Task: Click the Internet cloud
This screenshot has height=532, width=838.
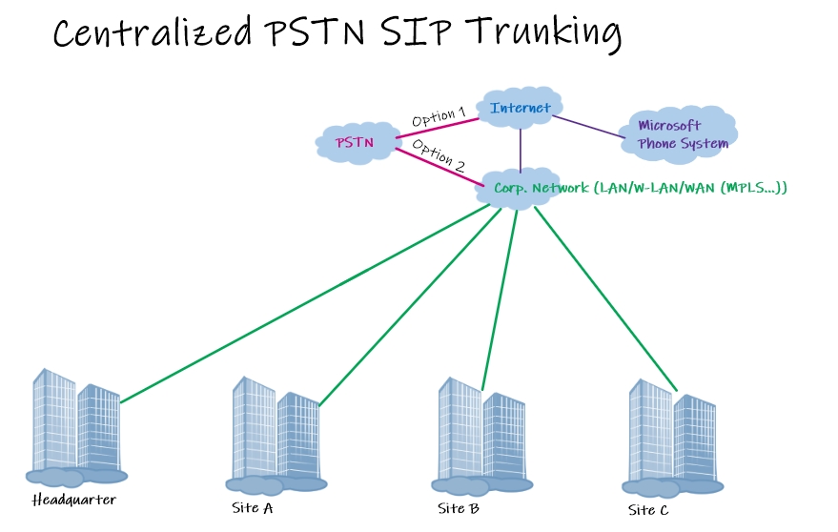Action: (520, 108)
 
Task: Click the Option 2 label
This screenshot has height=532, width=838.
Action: (439, 154)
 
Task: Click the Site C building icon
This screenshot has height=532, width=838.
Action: (672, 434)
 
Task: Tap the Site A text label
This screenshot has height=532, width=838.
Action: (253, 507)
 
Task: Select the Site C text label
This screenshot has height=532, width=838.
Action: (648, 510)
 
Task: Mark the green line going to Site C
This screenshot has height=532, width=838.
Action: (605, 297)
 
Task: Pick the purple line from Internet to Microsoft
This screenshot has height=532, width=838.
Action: (591, 129)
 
